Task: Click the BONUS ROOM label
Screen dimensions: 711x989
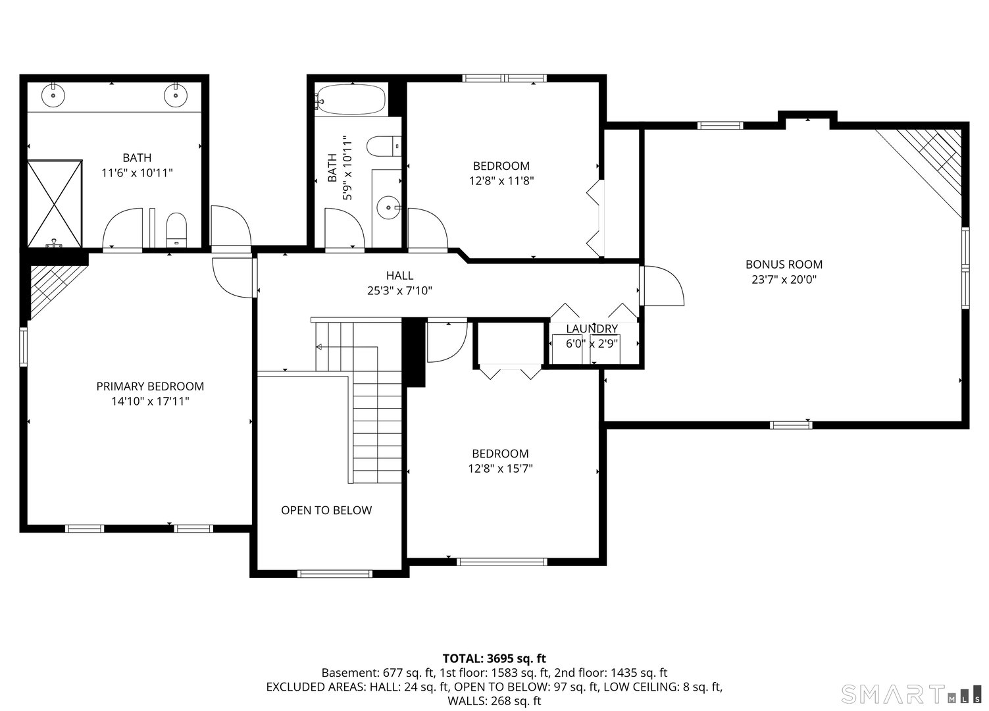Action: tap(784, 264)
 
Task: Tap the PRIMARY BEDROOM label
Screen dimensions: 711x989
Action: tap(150, 386)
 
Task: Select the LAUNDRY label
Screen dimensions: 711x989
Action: tap(592, 329)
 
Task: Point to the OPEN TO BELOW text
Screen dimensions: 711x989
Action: tap(326, 510)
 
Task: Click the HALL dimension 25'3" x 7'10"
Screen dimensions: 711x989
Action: tap(399, 290)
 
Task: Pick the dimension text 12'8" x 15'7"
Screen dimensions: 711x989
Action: tap(500, 469)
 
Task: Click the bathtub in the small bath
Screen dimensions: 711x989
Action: tap(351, 99)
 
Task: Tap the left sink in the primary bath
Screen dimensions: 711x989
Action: tap(53, 95)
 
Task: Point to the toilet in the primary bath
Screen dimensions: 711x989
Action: tap(176, 230)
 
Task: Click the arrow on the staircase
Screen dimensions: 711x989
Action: tap(320, 347)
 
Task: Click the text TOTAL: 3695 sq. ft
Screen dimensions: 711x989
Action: tap(494, 658)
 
